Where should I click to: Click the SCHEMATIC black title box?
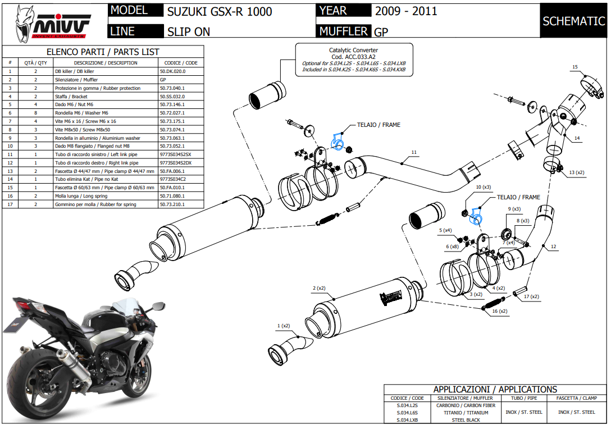coord(573,21)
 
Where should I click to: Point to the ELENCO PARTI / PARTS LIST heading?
coord(103,52)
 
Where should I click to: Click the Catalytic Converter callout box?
coord(353,61)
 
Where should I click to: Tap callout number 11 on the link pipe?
coord(414,152)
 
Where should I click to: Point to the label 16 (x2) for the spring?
coord(499,311)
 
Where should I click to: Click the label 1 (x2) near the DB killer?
coord(284,326)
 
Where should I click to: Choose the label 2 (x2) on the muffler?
coord(319,289)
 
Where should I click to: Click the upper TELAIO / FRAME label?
coord(379,125)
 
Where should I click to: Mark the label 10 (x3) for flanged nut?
coord(483,187)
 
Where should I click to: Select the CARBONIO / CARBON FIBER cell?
coord(466,405)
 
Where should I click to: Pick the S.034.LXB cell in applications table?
coord(407,419)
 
